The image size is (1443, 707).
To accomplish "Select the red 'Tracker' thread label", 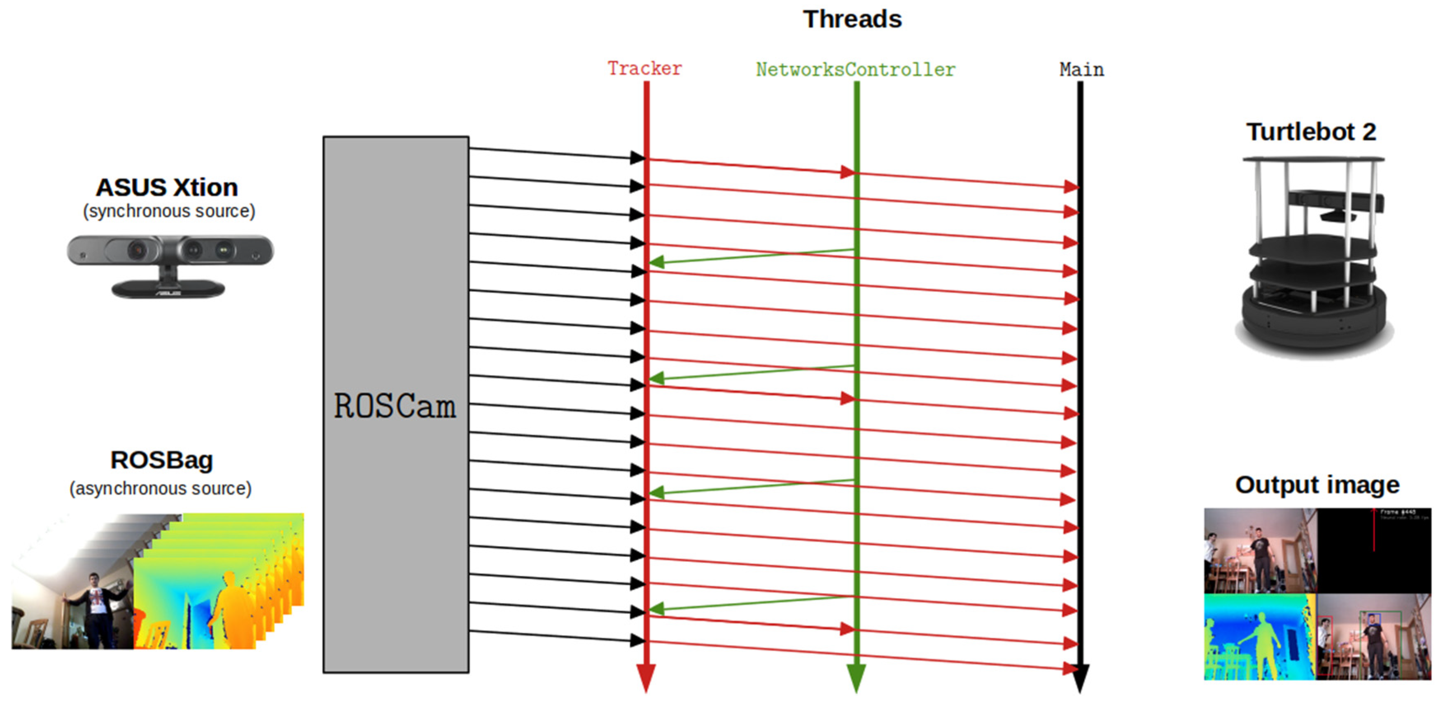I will (645, 68).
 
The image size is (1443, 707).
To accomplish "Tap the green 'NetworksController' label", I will (855, 70).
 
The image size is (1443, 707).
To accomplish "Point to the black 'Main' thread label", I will (1081, 70).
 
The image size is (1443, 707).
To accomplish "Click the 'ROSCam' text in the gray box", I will (395, 406).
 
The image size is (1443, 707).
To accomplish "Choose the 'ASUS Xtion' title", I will (167, 187).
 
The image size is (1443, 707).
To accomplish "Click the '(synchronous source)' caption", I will (169, 211).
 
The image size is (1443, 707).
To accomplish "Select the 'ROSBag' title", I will (162, 460).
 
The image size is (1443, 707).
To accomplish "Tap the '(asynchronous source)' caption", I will (161, 489).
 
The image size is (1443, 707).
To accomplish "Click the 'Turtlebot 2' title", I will (1311, 132).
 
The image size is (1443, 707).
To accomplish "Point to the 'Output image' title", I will (1317, 485).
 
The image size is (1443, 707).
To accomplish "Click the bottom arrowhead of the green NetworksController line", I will (856, 677).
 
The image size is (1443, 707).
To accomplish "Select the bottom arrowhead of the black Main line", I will (1080, 677).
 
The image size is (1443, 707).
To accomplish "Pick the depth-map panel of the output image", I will (1259, 637).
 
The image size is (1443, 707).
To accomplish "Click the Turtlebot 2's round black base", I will (1314, 325).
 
